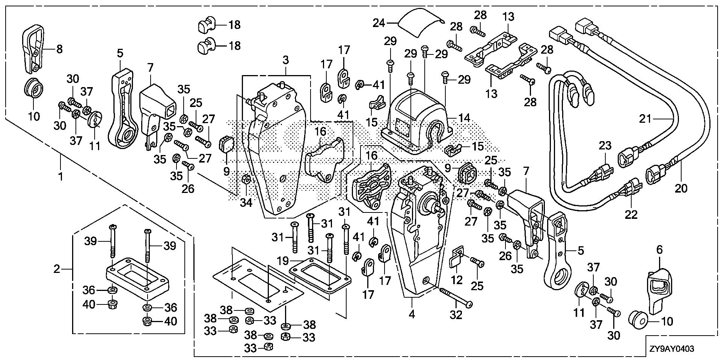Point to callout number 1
click(60, 176)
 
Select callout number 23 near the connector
click(605, 146)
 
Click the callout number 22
click(631, 214)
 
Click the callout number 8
click(59, 49)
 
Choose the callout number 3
click(286, 60)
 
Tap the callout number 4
click(412, 314)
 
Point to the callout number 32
click(456, 315)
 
